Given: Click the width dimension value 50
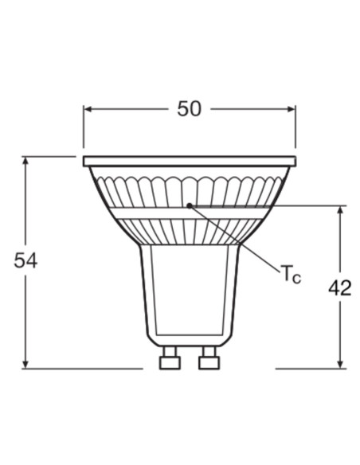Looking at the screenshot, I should pyautogui.click(x=189, y=109).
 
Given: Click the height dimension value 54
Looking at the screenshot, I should pyautogui.click(x=25, y=260).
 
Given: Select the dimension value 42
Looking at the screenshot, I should pyautogui.click(x=339, y=288).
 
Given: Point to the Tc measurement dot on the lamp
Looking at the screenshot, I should pyautogui.click(x=189, y=205).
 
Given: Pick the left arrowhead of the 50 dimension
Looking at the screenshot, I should pyautogui.click(x=88, y=109).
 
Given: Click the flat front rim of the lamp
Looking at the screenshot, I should pyautogui.click(x=189, y=161).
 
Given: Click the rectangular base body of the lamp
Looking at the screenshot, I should pyautogui.click(x=189, y=291).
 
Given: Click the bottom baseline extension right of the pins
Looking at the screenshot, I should pyautogui.click(x=311, y=368).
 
